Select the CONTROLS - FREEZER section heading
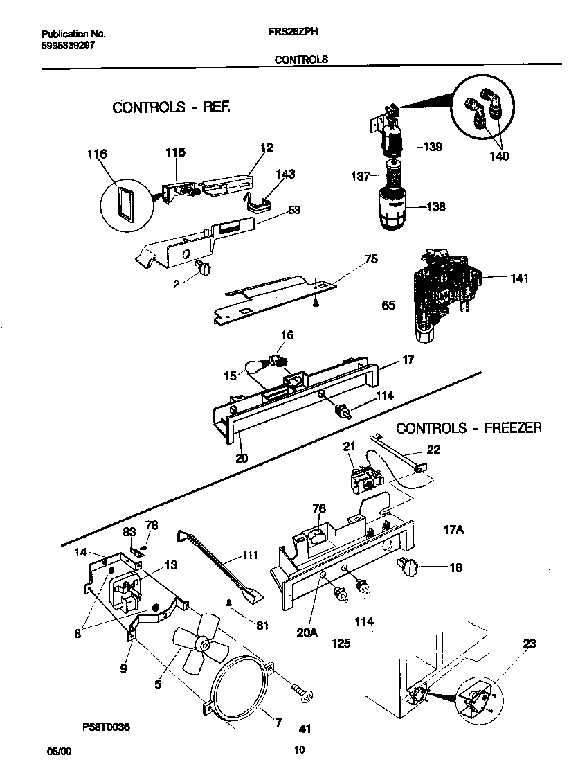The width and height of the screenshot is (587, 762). tap(469, 428)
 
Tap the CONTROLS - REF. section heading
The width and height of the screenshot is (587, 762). tap(170, 107)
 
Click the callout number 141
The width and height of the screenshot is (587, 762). tap(518, 278)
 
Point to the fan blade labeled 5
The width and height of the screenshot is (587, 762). tap(201, 647)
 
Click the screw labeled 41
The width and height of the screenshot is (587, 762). tap(302, 693)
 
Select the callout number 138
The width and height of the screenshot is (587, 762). tap(435, 206)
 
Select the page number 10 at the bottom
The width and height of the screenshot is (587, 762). tap(299, 749)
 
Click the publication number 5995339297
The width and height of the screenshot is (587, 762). tap(68, 44)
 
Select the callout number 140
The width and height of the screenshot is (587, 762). tap(498, 156)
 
